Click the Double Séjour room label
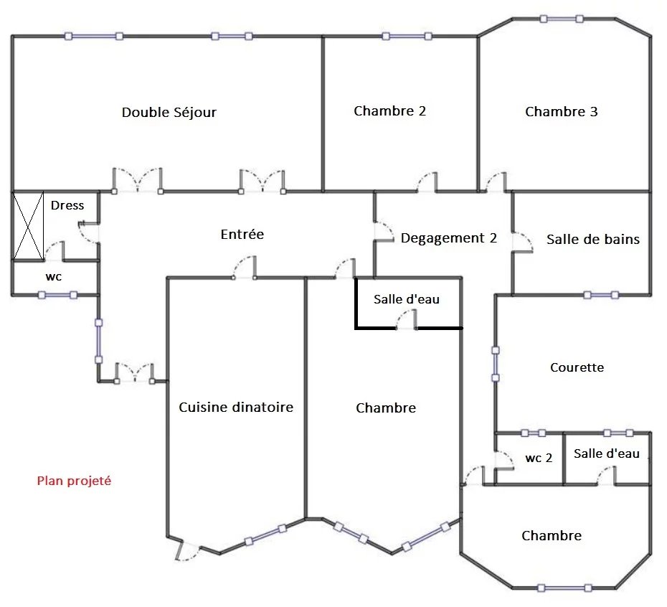click(x=169, y=113)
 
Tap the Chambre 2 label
click(x=389, y=111)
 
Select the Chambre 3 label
click(x=561, y=111)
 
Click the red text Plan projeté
click(x=74, y=481)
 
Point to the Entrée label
click(x=242, y=234)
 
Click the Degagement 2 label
click(x=449, y=238)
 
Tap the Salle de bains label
click(x=593, y=239)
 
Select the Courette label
click(x=577, y=367)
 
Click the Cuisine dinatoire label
click(x=236, y=408)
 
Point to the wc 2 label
click(x=539, y=458)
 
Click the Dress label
click(x=67, y=206)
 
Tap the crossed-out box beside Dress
click(x=28, y=225)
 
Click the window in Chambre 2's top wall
click(x=407, y=36)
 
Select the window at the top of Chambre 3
click(x=562, y=19)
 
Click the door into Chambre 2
click(x=427, y=182)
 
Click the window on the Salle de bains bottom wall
click(x=600, y=295)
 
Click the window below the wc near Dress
click(x=57, y=295)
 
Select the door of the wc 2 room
click(x=505, y=460)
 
